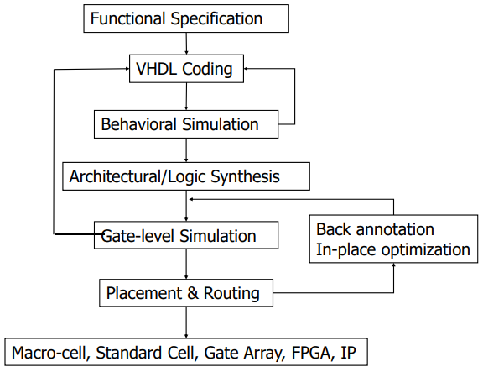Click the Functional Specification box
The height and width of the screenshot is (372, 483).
click(x=186, y=18)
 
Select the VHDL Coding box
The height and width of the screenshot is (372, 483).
click(x=186, y=69)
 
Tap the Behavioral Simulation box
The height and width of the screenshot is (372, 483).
click(x=186, y=124)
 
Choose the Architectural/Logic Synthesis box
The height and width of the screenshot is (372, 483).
click(x=186, y=176)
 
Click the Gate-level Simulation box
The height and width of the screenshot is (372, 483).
click(x=186, y=235)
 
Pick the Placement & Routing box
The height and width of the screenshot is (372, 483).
click(x=186, y=294)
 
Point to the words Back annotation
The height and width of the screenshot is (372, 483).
click(x=375, y=229)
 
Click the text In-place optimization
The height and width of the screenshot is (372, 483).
click(x=392, y=249)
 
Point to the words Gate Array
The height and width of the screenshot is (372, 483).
click(x=237, y=352)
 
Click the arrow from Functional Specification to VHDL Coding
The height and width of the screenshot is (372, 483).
click(x=186, y=44)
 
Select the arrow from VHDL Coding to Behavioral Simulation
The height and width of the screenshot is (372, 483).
click(x=186, y=97)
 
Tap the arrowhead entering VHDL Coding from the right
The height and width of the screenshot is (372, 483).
click(x=248, y=69)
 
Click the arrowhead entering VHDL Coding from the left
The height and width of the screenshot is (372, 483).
click(x=124, y=69)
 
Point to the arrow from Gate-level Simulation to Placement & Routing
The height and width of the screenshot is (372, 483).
click(x=186, y=265)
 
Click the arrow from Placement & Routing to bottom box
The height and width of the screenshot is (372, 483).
click(x=186, y=323)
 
